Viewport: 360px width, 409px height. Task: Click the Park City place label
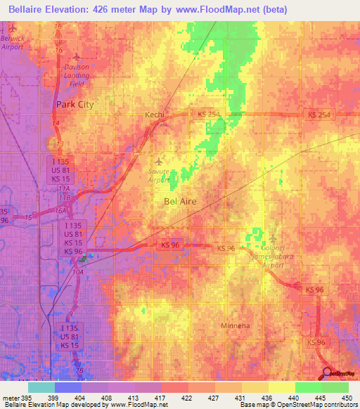(75, 104)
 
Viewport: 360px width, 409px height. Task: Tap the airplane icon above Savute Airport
(164, 159)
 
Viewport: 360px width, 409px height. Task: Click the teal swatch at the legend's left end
(41, 387)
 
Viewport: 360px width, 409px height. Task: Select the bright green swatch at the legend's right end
(335, 387)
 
